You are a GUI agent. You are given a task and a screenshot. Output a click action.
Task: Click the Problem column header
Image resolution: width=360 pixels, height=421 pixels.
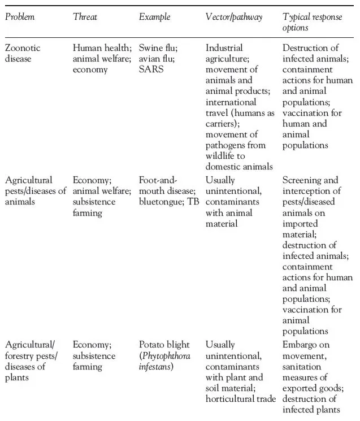[20, 17]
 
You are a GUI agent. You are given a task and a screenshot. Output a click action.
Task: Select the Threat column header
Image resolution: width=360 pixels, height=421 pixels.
[85, 17]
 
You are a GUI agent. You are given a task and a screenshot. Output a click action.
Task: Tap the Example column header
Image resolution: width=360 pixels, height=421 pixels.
[154, 17]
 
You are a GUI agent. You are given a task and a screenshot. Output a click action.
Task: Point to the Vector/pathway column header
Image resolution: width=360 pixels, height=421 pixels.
[234, 17]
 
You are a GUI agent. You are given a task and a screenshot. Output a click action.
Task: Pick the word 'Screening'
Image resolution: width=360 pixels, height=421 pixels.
[302, 180]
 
